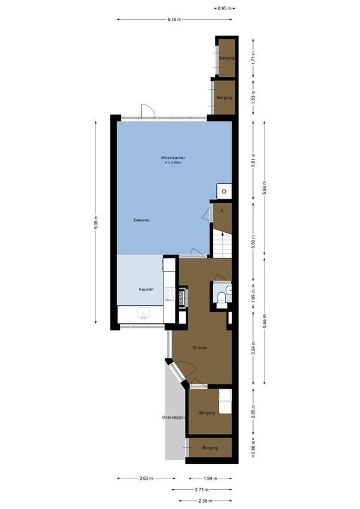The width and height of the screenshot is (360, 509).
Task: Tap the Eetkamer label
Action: click(x=141, y=220)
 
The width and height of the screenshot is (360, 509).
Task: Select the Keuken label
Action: click(x=147, y=289)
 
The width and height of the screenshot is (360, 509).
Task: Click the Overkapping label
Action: click(x=174, y=417)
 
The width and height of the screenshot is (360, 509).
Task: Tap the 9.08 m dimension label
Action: click(x=95, y=221)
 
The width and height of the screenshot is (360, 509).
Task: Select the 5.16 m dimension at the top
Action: click(x=174, y=20)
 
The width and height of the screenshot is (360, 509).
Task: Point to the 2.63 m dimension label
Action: click(x=145, y=479)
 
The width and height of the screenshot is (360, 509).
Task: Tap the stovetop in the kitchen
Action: click(x=170, y=294)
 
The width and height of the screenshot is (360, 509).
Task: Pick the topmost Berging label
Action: click(x=226, y=58)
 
